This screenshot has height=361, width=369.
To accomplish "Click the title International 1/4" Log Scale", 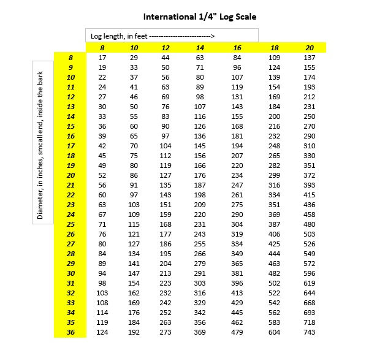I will point(200,17).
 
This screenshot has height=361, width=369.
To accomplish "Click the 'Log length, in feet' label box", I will point(171,36).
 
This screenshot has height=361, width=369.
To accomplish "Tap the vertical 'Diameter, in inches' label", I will point(41,142).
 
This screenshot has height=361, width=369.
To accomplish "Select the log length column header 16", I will point(237,48).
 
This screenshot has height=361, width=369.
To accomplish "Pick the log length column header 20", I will point(309,48).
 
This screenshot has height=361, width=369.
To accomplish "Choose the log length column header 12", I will point(165,48).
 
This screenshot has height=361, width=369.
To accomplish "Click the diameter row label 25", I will point(70,224).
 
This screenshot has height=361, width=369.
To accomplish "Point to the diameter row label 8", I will point(70,58).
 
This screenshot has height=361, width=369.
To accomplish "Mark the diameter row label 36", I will point(70,332).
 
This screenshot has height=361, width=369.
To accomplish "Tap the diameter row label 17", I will point(70,146).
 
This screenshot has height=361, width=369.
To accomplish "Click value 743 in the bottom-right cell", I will point(309,332).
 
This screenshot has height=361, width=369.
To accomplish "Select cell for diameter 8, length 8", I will point(102,58).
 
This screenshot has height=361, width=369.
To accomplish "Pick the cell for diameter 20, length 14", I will point(200,175).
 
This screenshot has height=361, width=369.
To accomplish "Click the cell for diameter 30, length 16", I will point(237,273).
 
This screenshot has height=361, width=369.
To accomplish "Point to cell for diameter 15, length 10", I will point(134,126).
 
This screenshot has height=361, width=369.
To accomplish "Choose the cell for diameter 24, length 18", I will point(274,215).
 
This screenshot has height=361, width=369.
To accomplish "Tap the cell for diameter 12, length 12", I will point(165,97).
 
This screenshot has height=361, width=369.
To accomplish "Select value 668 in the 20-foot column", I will point(309,303).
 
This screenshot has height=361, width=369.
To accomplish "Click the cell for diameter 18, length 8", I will point(102,156).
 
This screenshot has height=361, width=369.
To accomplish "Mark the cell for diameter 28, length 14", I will point(200,254).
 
